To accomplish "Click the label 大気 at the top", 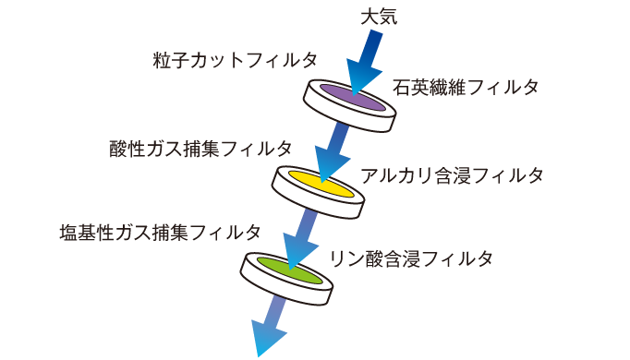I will point(379,17).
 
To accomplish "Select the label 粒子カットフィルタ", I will point(235,60).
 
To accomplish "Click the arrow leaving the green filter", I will point(269,323).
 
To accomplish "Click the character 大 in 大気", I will point(368,17).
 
